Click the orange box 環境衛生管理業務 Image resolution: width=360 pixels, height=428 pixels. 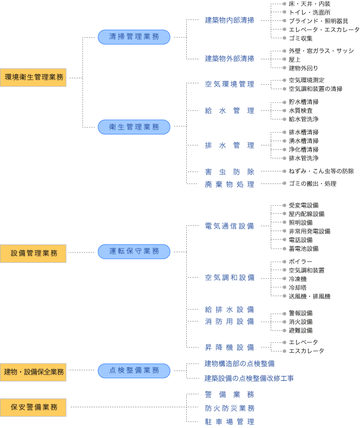(33, 77)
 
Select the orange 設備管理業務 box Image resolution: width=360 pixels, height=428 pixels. (33, 254)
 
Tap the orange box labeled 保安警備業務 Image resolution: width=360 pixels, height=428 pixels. (33, 407)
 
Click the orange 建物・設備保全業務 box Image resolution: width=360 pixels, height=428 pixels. (33, 372)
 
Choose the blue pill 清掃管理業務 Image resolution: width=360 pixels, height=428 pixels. (134, 37)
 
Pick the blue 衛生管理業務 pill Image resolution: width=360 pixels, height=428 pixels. (134, 127)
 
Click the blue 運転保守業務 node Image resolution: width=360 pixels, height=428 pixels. (134, 251)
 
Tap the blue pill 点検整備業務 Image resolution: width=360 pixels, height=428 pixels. (134, 371)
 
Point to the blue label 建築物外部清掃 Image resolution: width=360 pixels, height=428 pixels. (230, 59)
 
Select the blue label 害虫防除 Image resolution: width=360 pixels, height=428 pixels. (230, 172)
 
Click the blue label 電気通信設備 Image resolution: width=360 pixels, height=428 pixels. (230, 226)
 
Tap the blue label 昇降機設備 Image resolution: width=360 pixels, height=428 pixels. (230, 347)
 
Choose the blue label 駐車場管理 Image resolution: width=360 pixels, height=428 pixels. (230, 421)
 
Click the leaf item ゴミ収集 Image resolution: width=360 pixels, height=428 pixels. (300, 38)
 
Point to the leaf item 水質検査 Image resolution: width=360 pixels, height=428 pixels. (300, 111)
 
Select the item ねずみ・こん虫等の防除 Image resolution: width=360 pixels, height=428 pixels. (321, 171)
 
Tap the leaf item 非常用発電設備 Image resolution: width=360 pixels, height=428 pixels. (310, 231)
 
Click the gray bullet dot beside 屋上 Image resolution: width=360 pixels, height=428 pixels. (284, 59)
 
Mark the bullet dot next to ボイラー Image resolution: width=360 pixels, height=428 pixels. (284, 262)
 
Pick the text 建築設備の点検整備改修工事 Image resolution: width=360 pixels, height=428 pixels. (249, 378)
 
